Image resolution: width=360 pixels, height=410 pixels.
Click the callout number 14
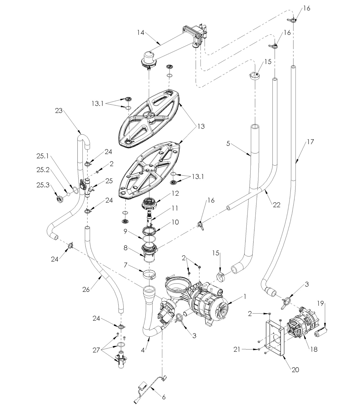(x=140, y=33)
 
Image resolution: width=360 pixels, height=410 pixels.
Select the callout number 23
(x=58, y=111)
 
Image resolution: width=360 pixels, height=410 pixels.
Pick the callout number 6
(x=164, y=397)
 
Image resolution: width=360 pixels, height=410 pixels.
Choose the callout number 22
(x=276, y=205)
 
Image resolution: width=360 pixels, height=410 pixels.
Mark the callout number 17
(x=310, y=142)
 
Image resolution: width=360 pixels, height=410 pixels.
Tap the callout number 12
(x=175, y=193)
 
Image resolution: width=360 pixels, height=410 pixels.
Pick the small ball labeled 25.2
(x=68, y=194)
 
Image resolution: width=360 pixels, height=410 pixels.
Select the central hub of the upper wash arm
(x=149, y=116)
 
